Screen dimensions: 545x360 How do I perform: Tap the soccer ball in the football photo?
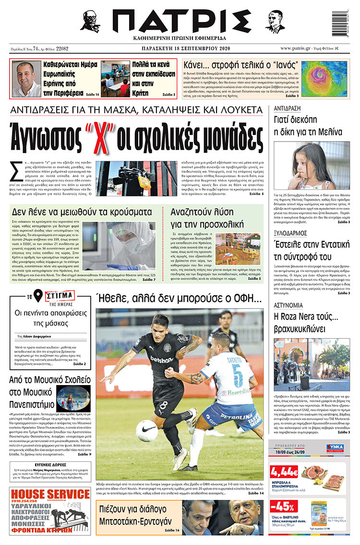click(147, 431)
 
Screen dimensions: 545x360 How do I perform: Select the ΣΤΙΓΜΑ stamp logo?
click(60, 295)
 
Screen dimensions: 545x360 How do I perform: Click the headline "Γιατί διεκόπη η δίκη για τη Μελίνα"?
click(307, 126)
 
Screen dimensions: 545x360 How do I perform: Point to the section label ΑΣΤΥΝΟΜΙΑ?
click(288, 305)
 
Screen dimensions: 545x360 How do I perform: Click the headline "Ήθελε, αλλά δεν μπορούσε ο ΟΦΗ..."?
click(179, 298)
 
